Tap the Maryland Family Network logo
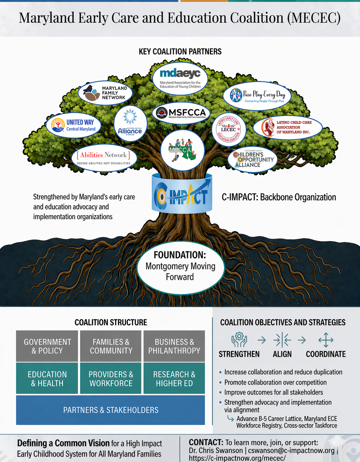coord(105,93)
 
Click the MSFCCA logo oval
coord(181,113)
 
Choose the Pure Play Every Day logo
coord(257,96)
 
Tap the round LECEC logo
coord(229,129)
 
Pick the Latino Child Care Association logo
coord(287,127)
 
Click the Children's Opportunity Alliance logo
coord(252,159)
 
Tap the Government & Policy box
coord(47,346)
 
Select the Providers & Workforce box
coord(111,378)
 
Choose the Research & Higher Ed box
coord(174,378)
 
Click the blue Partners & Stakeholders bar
coord(111,410)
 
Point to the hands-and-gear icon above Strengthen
coord(239,340)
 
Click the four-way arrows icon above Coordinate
coord(326,340)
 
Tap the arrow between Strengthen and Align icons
coord(261,340)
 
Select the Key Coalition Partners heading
coord(180,52)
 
